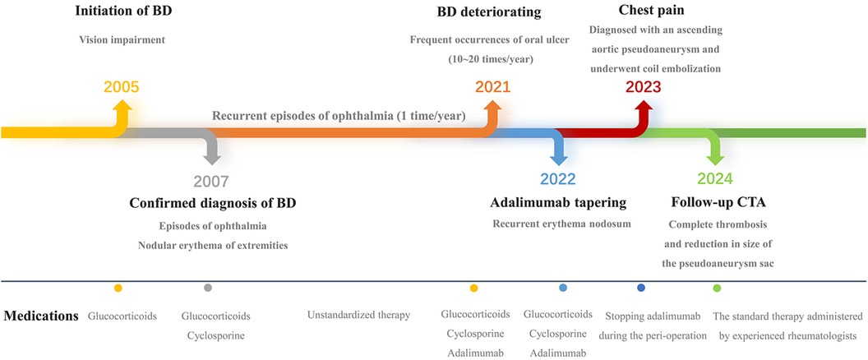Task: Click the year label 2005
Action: click(x=121, y=87)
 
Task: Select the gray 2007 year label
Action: click(x=211, y=182)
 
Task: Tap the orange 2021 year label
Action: click(x=492, y=87)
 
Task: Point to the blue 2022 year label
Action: click(x=558, y=179)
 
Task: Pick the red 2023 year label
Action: click(x=644, y=87)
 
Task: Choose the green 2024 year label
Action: click(x=714, y=179)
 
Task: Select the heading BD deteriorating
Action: click(x=489, y=11)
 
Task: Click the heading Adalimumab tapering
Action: click(x=558, y=203)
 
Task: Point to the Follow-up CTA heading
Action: click(x=718, y=203)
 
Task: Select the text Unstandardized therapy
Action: click(x=358, y=316)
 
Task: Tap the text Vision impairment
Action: click(x=122, y=40)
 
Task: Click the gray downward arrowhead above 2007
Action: click(x=212, y=158)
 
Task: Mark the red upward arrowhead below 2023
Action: click(x=644, y=107)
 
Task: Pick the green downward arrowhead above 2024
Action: click(x=715, y=158)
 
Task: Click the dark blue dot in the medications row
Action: click(x=641, y=288)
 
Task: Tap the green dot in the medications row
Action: click(x=716, y=288)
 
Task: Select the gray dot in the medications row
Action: click(x=208, y=288)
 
